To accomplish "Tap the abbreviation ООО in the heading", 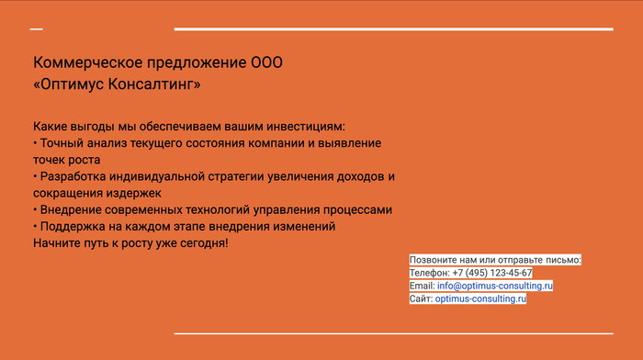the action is click(x=266, y=62).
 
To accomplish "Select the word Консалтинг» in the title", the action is click(x=154, y=84).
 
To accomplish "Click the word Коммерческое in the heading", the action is click(x=88, y=62).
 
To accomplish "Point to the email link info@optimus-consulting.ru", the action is click(x=495, y=286).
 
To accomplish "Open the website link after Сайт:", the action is click(x=480, y=298).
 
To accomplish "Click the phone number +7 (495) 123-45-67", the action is click(x=492, y=273).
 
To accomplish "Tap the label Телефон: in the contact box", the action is click(x=430, y=273).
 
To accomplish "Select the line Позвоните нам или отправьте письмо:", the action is click(x=495, y=260).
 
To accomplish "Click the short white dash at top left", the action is click(x=37, y=29).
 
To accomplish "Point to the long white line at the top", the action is click(x=394, y=29).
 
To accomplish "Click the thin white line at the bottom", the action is click(x=394, y=333).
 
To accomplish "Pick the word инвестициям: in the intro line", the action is click(x=306, y=127).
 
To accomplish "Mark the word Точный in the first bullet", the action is click(x=62, y=143).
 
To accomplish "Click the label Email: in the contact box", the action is click(x=422, y=286).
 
